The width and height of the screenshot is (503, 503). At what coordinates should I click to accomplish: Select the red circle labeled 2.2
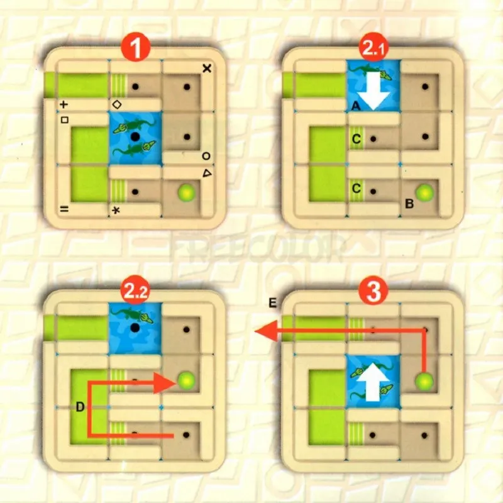pyautogui.click(x=135, y=290)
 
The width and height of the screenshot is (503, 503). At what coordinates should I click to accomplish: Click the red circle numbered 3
pyautogui.click(x=373, y=290)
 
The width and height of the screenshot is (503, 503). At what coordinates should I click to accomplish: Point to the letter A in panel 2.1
pyautogui.click(x=355, y=108)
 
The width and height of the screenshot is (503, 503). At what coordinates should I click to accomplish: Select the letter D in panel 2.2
pyautogui.click(x=80, y=407)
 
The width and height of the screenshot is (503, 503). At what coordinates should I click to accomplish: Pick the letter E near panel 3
pyautogui.click(x=272, y=304)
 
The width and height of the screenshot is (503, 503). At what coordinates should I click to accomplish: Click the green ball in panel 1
pyautogui.click(x=185, y=192)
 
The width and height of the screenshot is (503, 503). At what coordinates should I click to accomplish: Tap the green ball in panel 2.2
pyautogui.click(x=185, y=380)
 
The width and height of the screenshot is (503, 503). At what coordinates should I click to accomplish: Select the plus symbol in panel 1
pyautogui.click(x=64, y=104)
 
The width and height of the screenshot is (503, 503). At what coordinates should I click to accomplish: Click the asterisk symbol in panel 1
pyautogui.click(x=116, y=210)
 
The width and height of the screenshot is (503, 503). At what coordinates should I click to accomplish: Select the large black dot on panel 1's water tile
pyautogui.click(x=135, y=136)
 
